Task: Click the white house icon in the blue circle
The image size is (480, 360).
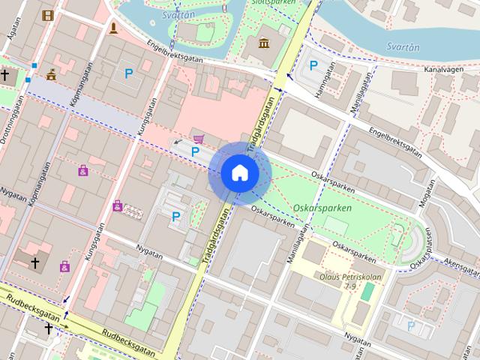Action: pyautogui.click(x=239, y=172)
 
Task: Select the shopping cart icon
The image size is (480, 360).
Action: pyautogui.click(x=199, y=138)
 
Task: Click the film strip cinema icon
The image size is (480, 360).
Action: pyautogui.click(x=49, y=15)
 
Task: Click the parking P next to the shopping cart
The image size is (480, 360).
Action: pyautogui.click(x=195, y=151)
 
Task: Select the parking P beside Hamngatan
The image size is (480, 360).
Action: pyautogui.click(x=313, y=65)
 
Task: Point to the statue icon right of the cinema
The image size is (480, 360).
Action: pyautogui.click(x=113, y=28)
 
